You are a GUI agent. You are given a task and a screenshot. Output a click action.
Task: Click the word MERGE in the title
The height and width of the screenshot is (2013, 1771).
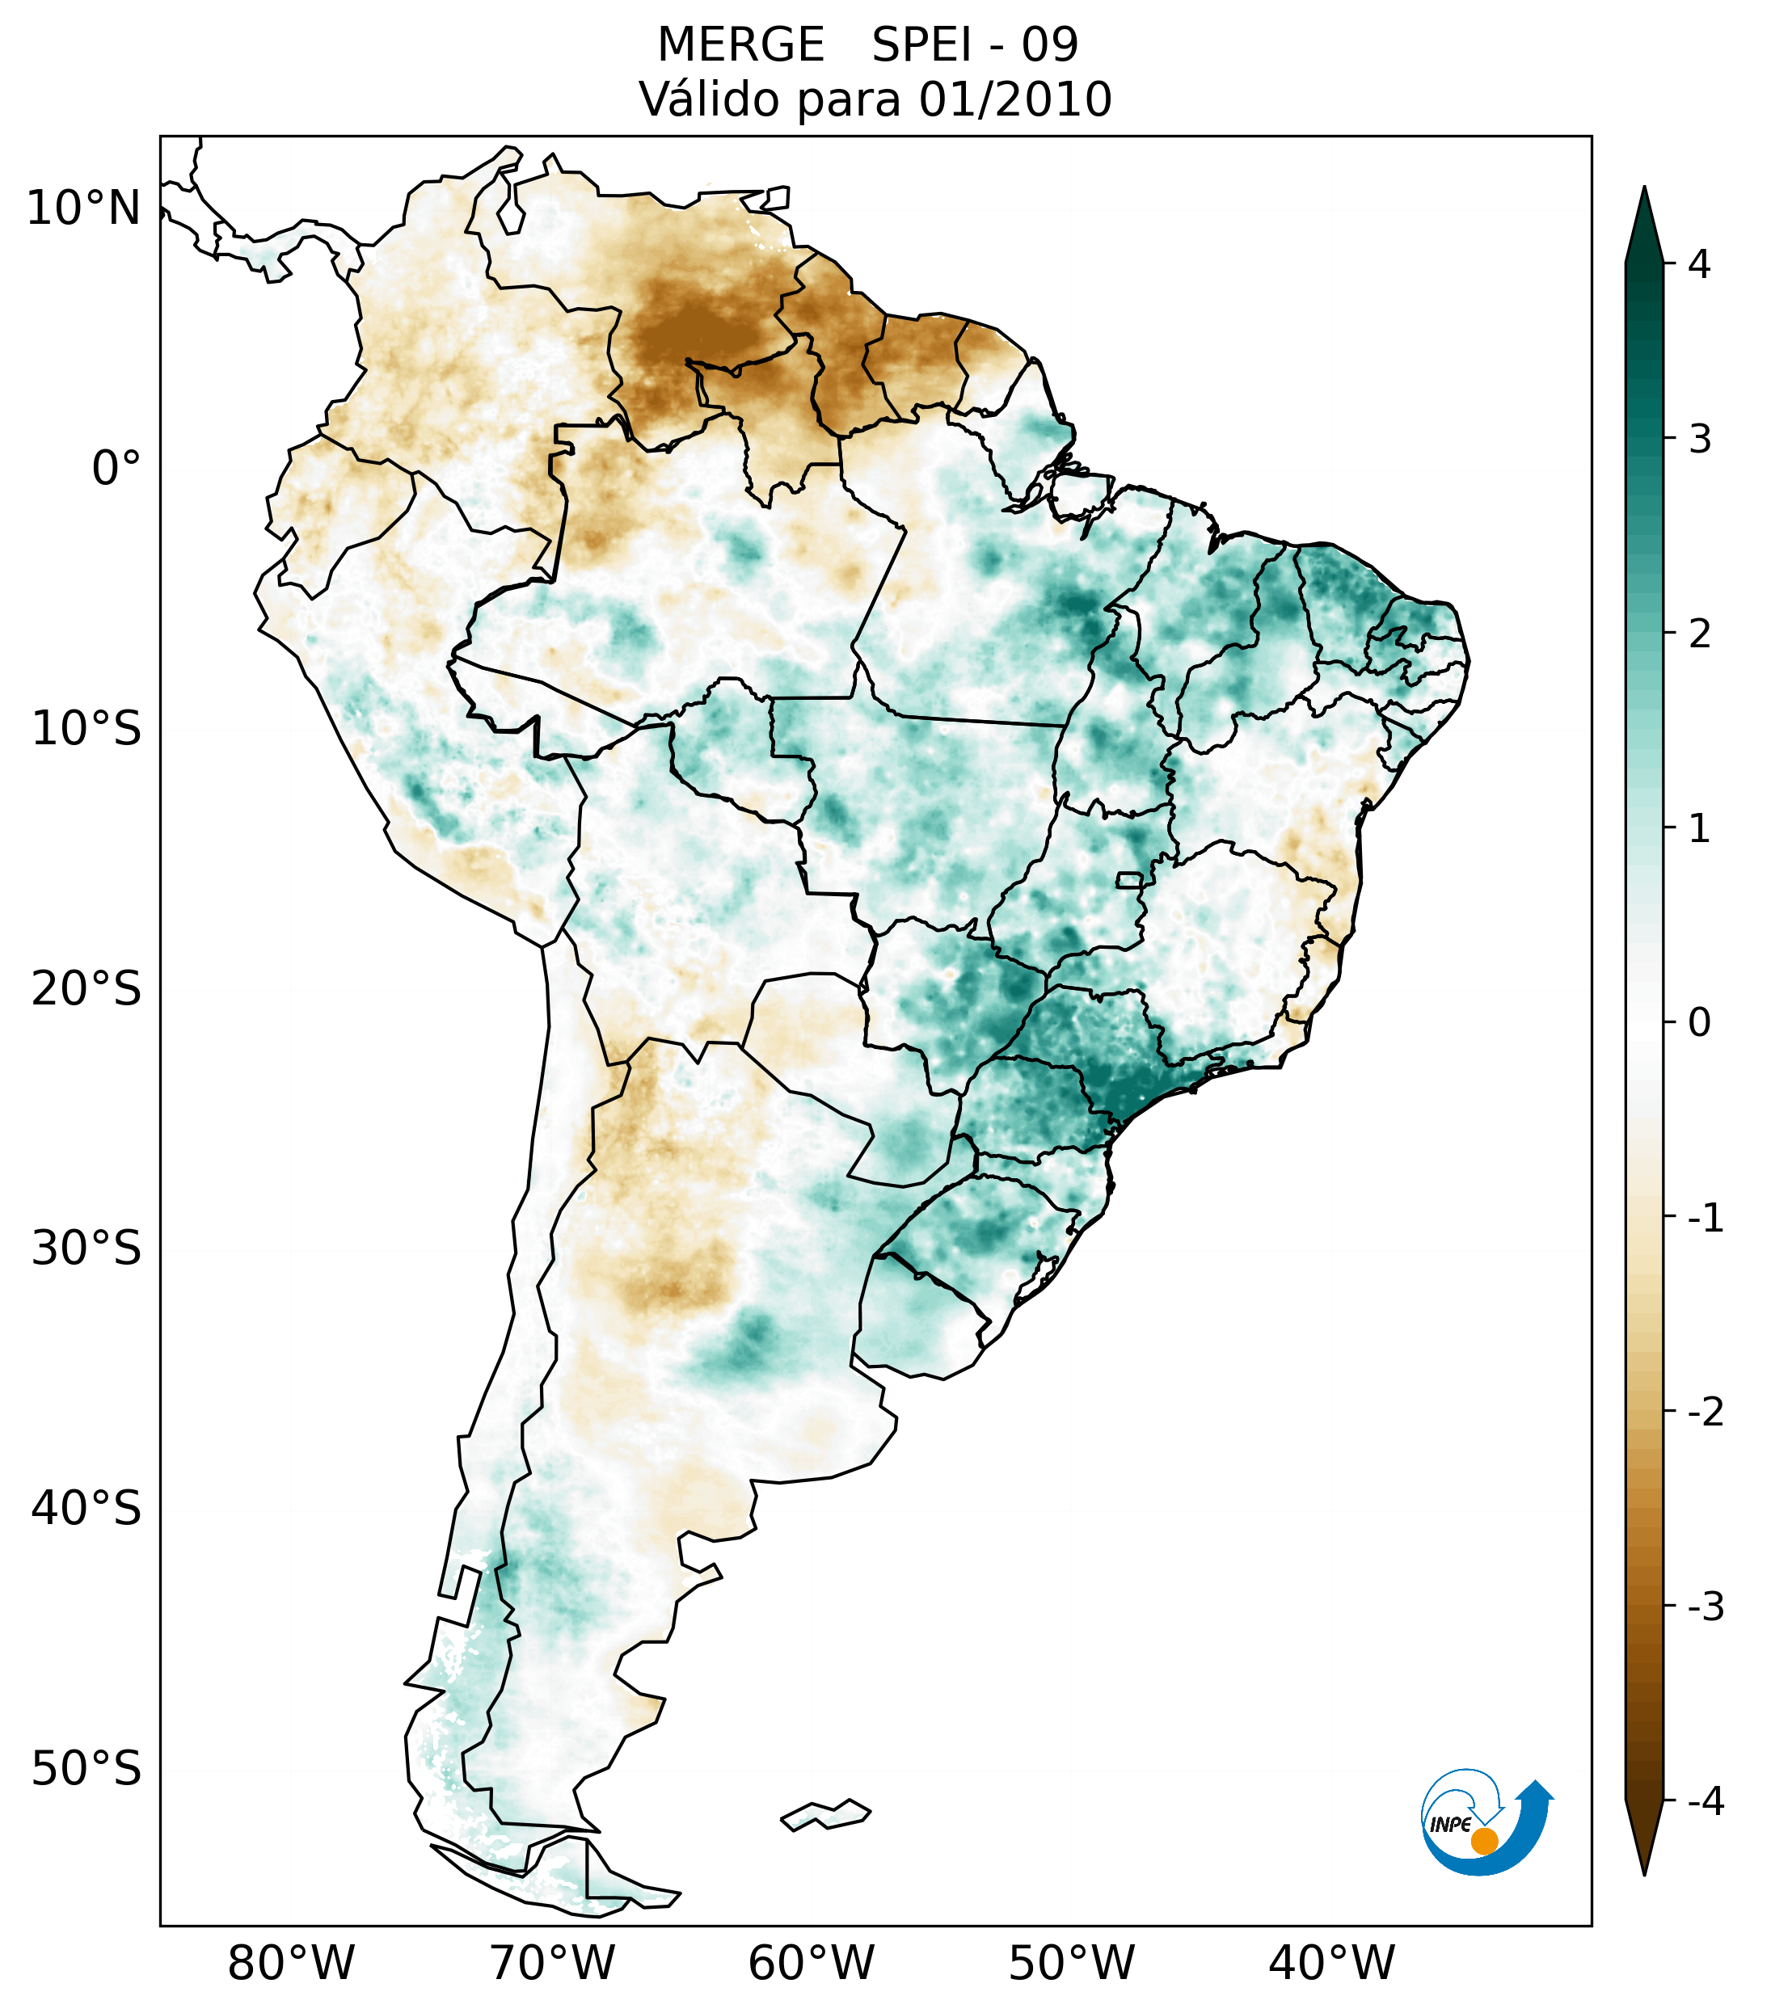(740, 45)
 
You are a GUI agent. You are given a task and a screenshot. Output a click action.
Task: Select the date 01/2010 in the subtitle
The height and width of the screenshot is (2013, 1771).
(1015, 99)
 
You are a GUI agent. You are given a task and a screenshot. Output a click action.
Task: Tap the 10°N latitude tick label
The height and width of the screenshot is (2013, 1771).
(82, 208)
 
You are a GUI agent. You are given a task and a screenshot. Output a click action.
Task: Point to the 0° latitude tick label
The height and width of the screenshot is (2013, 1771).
(116, 469)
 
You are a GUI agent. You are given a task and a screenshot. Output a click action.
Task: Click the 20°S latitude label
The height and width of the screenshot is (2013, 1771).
(86, 988)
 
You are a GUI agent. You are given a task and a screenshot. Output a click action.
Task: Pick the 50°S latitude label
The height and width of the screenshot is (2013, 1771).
(86, 1769)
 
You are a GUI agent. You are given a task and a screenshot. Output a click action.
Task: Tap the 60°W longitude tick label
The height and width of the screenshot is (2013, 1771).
(811, 1963)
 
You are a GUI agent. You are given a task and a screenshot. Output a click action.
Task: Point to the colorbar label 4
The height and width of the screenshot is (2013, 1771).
(1699, 264)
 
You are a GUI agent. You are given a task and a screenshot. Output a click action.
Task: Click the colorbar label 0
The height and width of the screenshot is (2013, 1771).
(1699, 1023)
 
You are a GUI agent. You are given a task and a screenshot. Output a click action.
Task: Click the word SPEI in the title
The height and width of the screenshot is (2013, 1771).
(921, 45)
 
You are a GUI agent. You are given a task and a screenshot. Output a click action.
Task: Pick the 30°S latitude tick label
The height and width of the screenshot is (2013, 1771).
(86, 1249)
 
